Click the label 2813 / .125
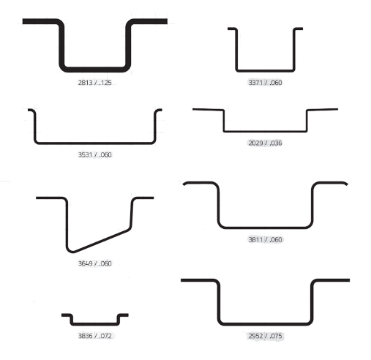(94, 83)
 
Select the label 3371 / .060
(265, 83)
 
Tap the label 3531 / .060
(94, 154)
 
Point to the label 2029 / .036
(265, 143)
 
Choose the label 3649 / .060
(94, 263)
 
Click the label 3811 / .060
(265, 239)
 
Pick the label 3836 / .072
(94, 336)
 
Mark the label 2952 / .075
(265, 336)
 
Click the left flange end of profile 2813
(23, 21)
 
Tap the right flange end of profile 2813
(167, 21)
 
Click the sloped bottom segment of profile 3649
(101, 241)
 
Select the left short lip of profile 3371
(232, 29)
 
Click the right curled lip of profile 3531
(158, 110)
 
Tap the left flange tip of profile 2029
(193, 109)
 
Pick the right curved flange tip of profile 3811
(347, 184)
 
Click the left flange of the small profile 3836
(66, 315)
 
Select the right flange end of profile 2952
(349, 280)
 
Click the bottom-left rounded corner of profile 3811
(221, 225)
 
